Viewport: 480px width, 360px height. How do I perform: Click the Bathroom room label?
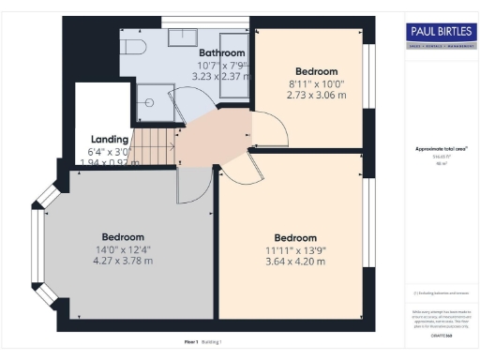[222, 53]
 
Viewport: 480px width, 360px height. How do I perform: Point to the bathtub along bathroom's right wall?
[238, 66]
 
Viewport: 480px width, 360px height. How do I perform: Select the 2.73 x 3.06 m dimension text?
[310, 95]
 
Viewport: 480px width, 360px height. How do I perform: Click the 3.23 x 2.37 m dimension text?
[222, 78]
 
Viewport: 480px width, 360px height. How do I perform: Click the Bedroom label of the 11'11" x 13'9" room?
[295, 237]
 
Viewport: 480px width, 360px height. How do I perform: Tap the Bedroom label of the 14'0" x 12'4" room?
[123, 236]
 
